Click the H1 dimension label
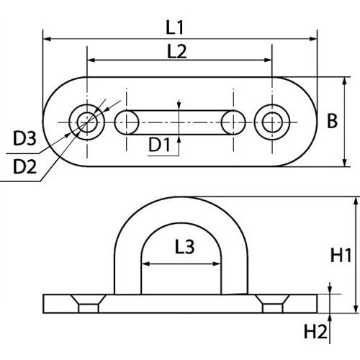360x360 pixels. [341, 255]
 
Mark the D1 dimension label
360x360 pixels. [160, 146]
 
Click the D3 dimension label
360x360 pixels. [24, 138]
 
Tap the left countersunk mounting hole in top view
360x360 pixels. [86, 121]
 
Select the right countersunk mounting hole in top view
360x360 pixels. [272, 121]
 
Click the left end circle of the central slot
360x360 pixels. [127, 122]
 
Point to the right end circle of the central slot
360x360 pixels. [232, 122]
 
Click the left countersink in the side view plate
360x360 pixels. [87, 306]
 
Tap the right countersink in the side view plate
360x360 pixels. [272, 306]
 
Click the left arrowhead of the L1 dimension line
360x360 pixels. [47, 37]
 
